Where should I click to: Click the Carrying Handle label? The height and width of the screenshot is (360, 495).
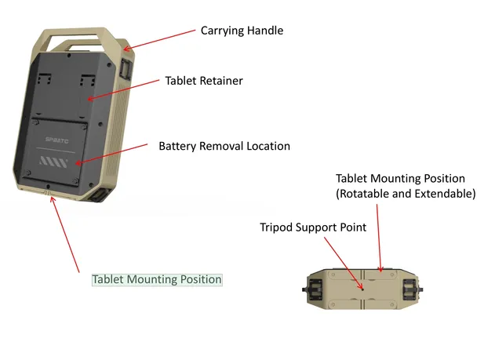[x=242, y=31]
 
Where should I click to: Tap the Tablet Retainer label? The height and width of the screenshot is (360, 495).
[x=204, y=81]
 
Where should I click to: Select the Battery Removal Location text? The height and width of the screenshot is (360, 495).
[x=224, y=146]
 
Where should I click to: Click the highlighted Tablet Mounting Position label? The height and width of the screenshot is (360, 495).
[x=157, y=279]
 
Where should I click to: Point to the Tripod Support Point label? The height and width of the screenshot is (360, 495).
[x=313, y=227]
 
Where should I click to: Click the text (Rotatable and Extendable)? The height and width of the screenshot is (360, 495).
[x=406, y=194]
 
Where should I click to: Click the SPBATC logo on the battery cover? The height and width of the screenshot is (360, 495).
[x=56, y=140]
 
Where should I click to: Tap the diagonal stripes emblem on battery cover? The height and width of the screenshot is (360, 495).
[x=53, y=162]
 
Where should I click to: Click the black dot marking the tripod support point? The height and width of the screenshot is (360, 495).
[x=362, y=289]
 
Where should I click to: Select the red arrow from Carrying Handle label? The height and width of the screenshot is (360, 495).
[x=159, y=40]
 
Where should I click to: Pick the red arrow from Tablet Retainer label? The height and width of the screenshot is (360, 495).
[x=123, y=90]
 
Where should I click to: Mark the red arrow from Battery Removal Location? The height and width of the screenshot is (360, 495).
[x=111, y=154]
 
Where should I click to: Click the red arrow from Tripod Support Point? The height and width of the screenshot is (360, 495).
[x=344, y=264]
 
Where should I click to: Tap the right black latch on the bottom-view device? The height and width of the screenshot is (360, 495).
[x=412, y=289]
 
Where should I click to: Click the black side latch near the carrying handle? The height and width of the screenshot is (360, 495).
[x=126, y=68]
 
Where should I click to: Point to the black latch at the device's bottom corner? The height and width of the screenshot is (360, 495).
[x=100, y=195]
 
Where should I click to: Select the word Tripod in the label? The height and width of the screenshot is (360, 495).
[x=276, y=227]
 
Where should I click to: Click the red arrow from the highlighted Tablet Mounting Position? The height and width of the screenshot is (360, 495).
[x=65, y=235]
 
